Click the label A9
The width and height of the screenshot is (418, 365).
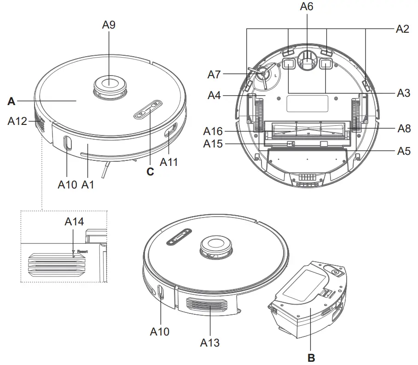(109, 25)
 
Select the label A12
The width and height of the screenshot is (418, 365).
(18, 121)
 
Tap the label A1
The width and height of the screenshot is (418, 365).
(87, 184)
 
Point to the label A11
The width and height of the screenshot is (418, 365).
(168, 162)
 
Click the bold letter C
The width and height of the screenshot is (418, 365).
(150, 172)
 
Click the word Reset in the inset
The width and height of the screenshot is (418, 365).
(82, 252)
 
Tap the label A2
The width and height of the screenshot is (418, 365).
(402, 29)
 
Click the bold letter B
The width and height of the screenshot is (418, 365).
(311, 357)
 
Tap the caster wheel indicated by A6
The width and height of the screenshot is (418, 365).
(307, 60)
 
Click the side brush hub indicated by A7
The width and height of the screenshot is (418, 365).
(263, 73)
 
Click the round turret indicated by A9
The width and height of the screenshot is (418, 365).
(109, 85)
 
